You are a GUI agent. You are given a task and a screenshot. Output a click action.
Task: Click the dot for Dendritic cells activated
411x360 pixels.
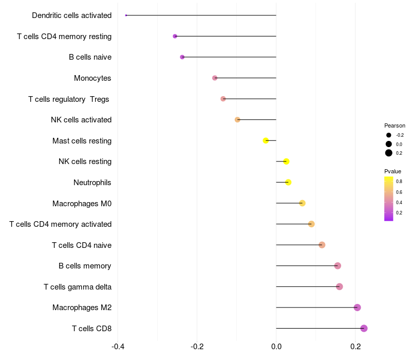[x=126, y=15]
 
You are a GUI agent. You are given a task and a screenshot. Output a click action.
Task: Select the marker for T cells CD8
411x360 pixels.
[x=364, y=328]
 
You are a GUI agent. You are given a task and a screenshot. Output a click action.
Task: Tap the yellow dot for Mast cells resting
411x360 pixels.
[x=266, y=140]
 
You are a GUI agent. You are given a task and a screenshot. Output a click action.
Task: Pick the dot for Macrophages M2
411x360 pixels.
[x=357, y=308]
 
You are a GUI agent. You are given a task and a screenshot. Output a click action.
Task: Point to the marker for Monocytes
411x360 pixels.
[x=215, y=78]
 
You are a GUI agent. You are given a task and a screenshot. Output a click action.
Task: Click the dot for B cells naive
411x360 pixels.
[x=182, y=57]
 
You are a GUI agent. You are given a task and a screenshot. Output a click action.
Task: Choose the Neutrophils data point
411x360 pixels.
[x=288, y=182]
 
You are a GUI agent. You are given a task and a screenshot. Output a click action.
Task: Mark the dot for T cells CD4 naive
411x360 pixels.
[x=322, y=245]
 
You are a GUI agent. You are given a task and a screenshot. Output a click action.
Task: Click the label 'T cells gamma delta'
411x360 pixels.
[x=78, y=286]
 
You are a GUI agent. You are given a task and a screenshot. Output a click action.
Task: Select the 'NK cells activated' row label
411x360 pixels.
[x=81, y=120]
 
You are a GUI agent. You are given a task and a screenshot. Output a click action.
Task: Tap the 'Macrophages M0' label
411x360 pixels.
[x=82, y=204]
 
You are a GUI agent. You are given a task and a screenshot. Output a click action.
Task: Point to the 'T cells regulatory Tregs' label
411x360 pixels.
[x=69, y=99]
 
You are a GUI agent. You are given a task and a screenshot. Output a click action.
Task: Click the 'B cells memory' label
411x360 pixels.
[x=85, y=266]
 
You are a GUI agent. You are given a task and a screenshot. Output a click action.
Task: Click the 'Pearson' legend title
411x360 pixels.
[x=395, y=125]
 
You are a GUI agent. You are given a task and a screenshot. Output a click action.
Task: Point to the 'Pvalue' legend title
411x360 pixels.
[x=393, y=171]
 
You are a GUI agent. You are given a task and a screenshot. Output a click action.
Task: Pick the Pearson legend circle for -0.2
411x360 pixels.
[x=389, y=135]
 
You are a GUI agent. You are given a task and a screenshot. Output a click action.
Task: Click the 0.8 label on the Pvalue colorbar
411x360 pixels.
[x=399, y=182]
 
